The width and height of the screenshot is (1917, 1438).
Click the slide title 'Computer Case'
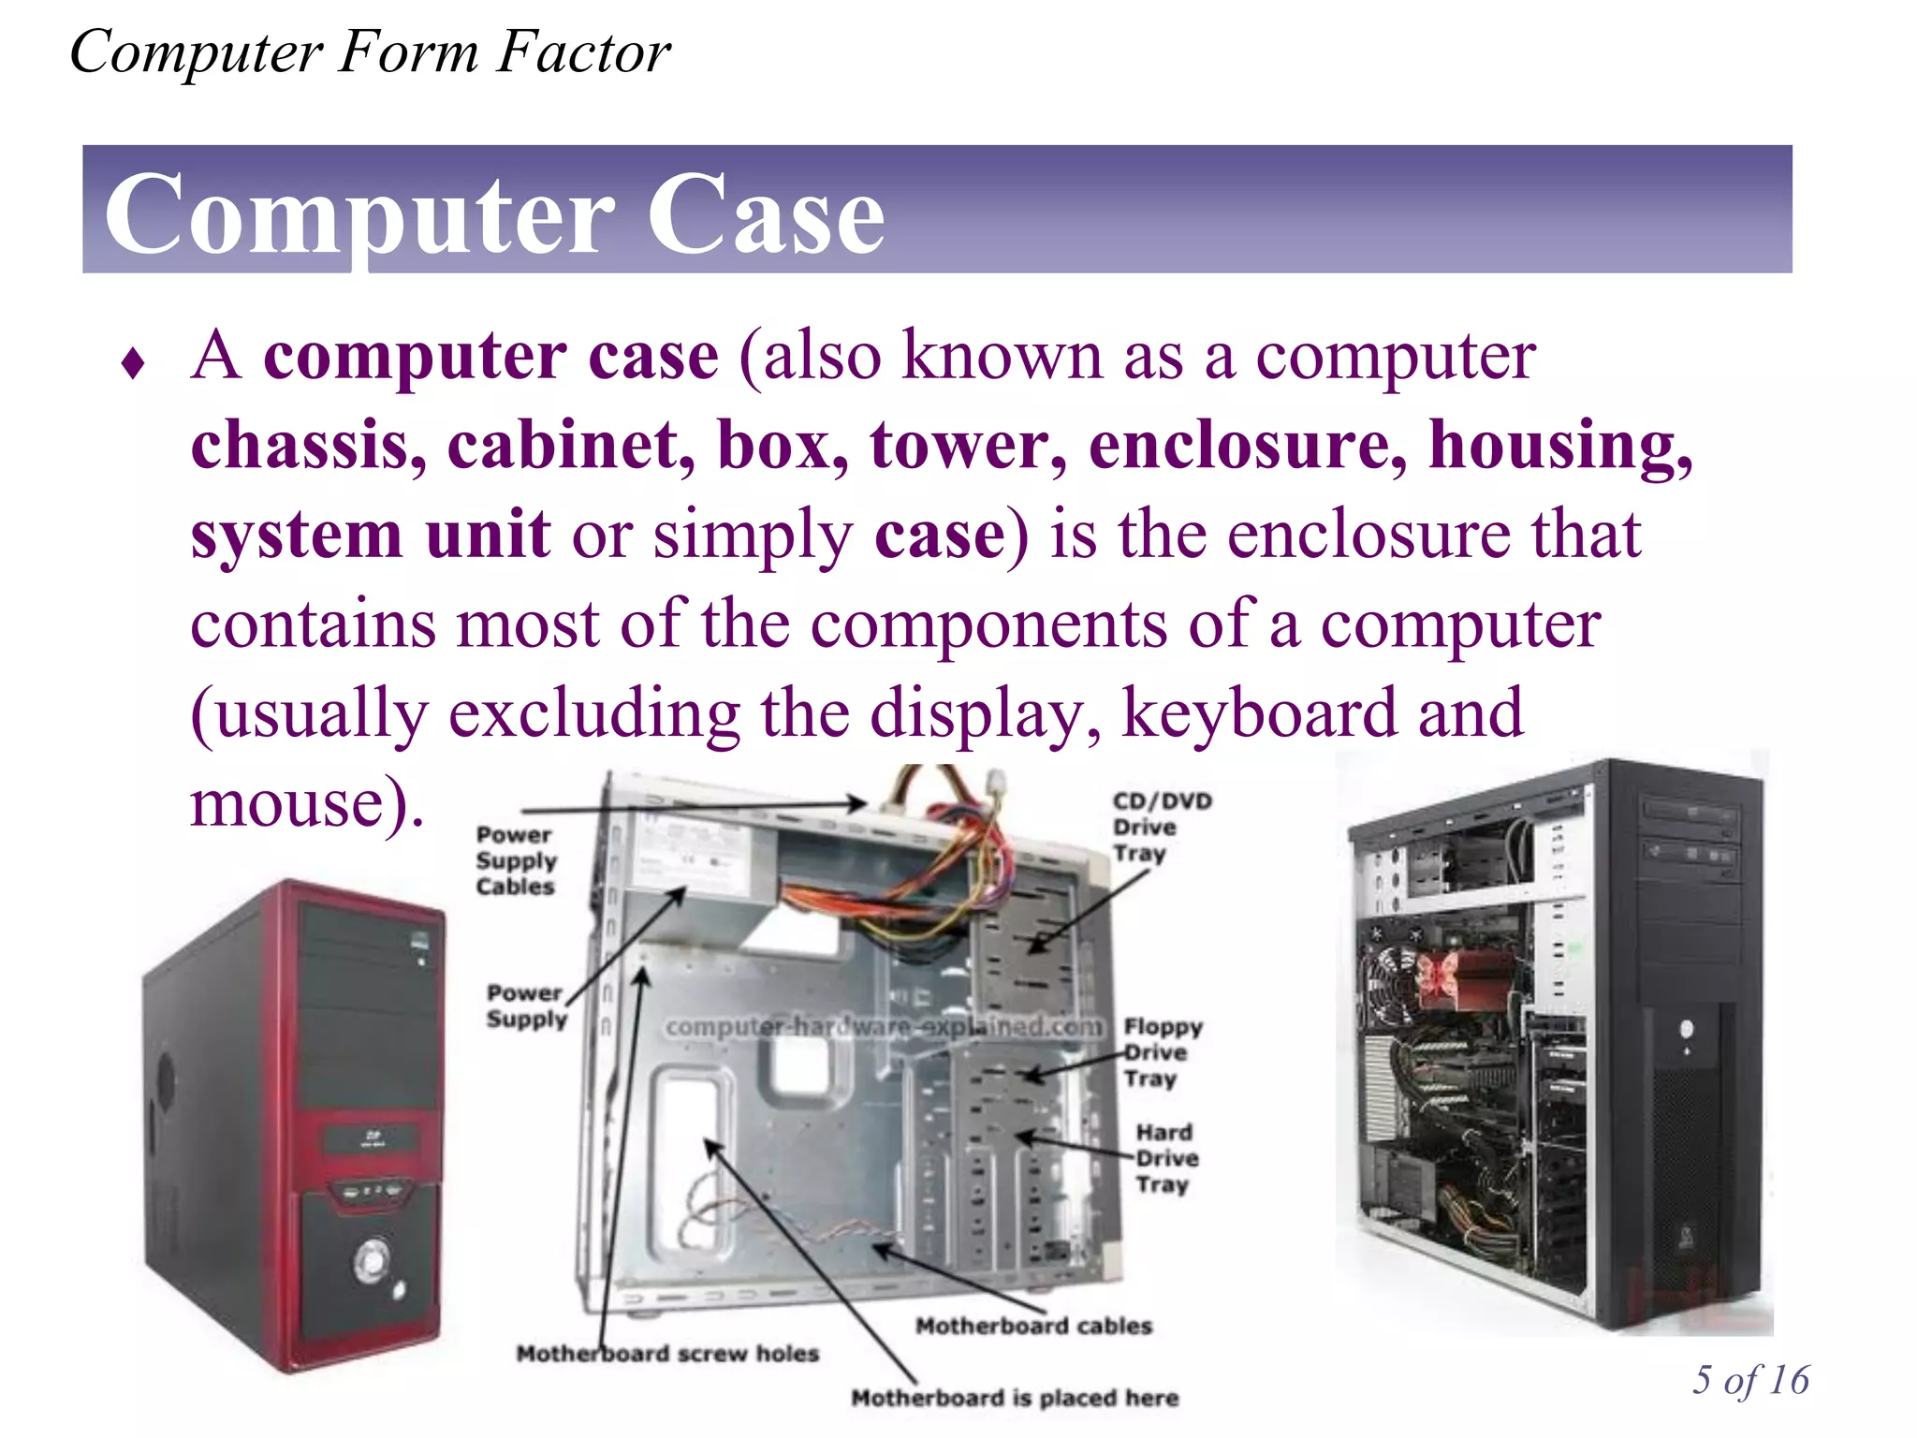(494, 215)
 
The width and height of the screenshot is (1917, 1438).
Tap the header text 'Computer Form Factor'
(370, 52)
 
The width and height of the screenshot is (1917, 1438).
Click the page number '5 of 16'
(1750, 1380)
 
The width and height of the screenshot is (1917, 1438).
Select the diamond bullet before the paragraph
(133, 364)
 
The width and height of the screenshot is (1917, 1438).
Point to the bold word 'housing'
(1559, 445)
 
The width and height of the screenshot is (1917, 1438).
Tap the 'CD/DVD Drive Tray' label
(1161, 828)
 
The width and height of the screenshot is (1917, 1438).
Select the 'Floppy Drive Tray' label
(1163, 1053)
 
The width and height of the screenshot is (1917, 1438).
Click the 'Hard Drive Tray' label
(1166, 1159)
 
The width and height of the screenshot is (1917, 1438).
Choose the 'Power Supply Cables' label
(516, 860)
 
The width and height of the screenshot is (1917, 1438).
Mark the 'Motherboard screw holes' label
(667, 1354)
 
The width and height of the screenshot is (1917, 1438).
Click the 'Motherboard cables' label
(1033, 1326)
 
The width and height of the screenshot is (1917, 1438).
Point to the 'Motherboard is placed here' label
(1015, 1398)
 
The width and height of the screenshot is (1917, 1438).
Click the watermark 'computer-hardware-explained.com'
(885, 1027)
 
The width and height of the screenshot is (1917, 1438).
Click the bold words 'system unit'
(371, 535)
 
